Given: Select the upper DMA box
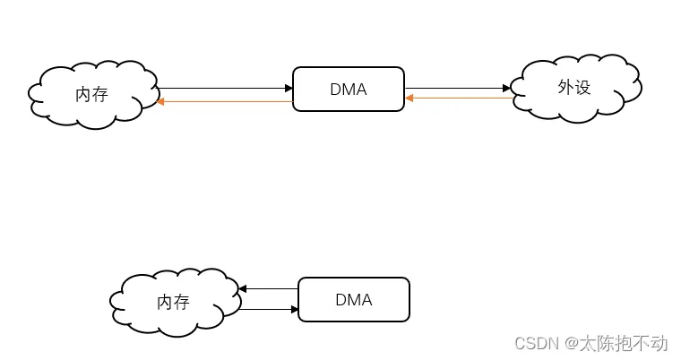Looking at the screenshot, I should click(x=349, y=90).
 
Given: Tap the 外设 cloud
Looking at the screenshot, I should click(x=574, y=87).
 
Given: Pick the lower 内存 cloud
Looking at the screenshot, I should click(x=174, y=302).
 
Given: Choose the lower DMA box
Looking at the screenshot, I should click(x=353, y=299).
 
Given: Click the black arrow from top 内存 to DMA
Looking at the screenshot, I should click(x=224, y=88).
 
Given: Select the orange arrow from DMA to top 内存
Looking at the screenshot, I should click(x=224, y=102).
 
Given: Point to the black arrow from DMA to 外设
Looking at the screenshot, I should click(x=457, y=88).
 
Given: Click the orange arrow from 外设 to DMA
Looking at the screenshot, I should click(x=460, y=98).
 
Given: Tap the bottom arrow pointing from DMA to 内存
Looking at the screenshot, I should click(x=269, y=288).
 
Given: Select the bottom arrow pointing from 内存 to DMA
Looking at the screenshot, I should click(x=269, y=309).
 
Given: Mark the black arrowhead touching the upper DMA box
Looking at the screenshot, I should click(x=289, y=88).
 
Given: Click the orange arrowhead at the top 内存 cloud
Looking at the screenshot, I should click(x=160, y=102).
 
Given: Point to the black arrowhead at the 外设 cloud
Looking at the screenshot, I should click(x=507, y=88).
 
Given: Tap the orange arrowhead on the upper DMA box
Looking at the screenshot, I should click(x=409, y=98).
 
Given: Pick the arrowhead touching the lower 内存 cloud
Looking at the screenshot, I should click(x=243, y=288).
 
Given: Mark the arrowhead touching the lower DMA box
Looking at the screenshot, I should click(x=294, y=309).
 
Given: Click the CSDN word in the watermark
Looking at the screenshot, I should click(x=535, y=343).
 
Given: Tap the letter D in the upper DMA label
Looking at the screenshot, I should click(x=335, y=90).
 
